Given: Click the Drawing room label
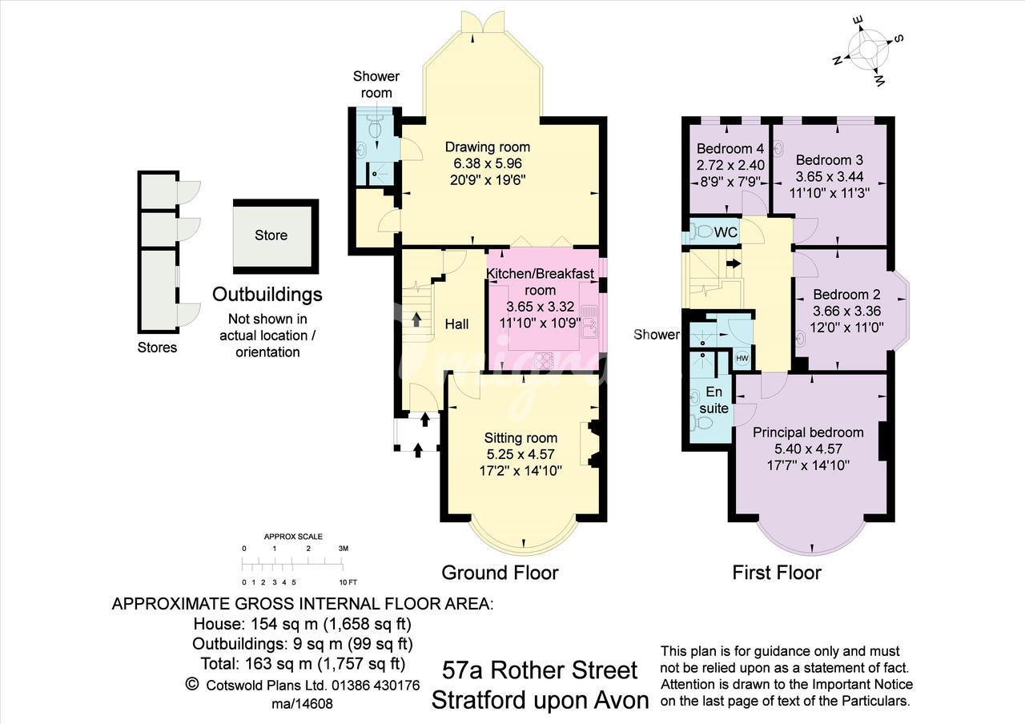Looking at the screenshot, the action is (488, 147).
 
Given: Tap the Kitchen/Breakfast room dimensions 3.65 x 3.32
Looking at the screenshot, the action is (540, 306).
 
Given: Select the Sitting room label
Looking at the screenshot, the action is (521, 438).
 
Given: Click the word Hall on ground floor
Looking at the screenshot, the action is (456, 324).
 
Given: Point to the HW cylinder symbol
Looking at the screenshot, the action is (742, 358).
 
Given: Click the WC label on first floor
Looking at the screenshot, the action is (726, 232).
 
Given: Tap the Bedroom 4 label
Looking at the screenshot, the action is (730, 148).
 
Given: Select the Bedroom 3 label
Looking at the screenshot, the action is (830, 159).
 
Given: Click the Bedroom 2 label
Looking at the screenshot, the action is (846, 294).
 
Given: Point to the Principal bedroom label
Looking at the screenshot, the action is (808, 432).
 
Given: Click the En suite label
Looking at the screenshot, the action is (713, 400).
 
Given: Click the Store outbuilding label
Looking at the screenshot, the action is (271, 235).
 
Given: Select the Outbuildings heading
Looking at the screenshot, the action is (267, 294).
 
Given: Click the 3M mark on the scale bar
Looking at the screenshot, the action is (344, 549).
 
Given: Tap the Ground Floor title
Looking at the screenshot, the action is (500, 573).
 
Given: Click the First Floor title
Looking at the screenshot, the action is (777, 573).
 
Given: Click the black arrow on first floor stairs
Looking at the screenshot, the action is (734, 263).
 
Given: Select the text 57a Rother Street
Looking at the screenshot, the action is (540, 671).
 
